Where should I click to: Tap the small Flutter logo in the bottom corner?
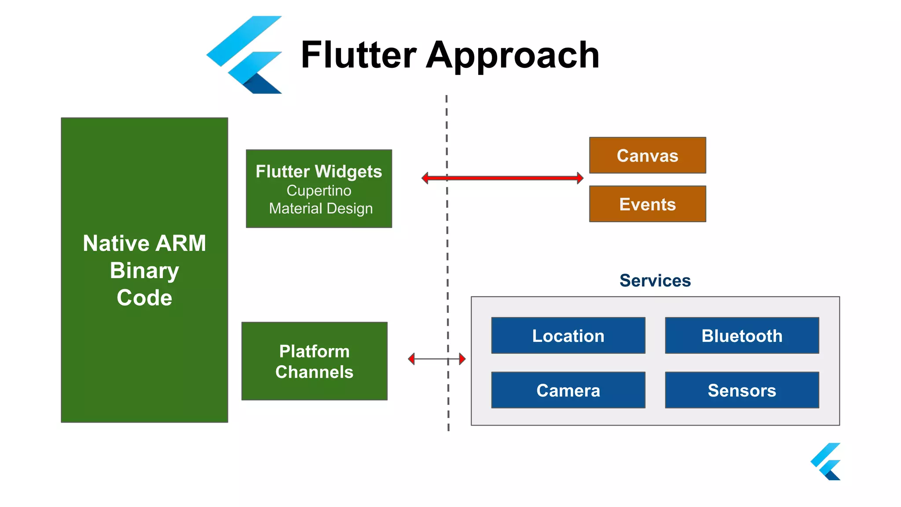click(x=826, y=462)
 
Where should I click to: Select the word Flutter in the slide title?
click(x=358, y=55)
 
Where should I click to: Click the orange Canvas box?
click(x=647, y=155)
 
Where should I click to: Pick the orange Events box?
click(x=647, y=204)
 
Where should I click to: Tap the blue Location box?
click(x=568, y=335)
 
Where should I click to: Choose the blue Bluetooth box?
click(x=742, y=335)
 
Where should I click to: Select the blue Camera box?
click(x=568, y=390)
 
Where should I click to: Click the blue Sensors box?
click(x=742, y=390)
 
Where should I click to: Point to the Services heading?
click(x=655, y=280)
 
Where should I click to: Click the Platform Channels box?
click(x=314, y=361)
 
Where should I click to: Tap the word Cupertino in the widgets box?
click(x=319, y=191)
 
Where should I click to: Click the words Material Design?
click(x=321, y=208)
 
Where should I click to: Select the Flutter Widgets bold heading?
click(x=319, y=171)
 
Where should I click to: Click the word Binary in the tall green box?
click(x=144, y=270)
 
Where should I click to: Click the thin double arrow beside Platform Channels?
click(x=436, y=359)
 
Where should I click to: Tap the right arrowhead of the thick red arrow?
click(x=580, y=178)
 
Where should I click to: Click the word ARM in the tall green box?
click(x=180, y=243)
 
